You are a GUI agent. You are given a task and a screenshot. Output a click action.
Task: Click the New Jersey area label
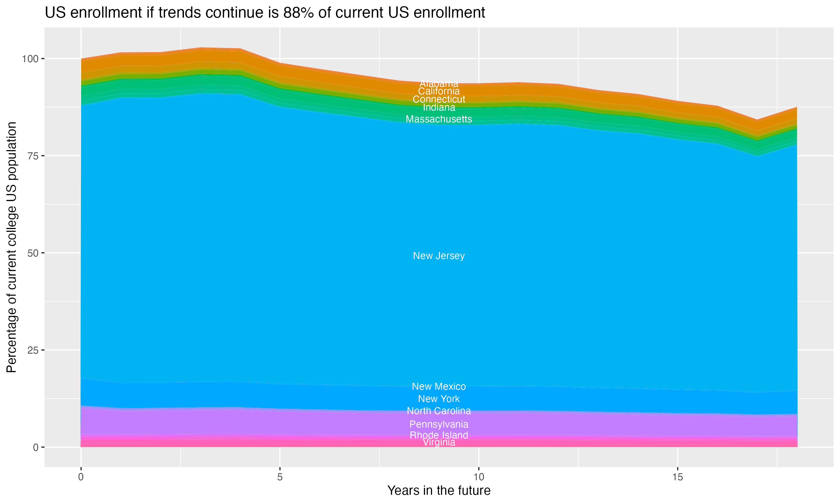pos(439,256)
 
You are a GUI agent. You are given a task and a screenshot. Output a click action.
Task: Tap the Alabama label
pos(439,83)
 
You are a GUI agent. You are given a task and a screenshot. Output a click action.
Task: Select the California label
pos(439,91)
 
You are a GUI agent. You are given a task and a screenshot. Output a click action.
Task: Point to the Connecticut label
pos(439,99)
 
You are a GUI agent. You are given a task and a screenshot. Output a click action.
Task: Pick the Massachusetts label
pos(439,119)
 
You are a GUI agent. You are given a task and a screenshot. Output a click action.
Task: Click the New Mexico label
pos(439,386)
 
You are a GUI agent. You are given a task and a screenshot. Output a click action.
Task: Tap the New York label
pos(439,399)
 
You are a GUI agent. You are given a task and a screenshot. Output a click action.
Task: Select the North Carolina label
pos(439,411)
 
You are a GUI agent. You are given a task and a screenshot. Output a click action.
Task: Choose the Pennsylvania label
pos(439,424)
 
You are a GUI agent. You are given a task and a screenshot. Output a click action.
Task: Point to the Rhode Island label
pos(439,435)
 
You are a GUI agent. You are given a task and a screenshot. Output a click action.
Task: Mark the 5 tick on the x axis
pos(280,477)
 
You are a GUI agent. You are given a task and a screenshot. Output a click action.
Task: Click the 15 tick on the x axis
pos(677,477)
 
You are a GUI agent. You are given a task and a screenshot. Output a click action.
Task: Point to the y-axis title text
pos(11,247)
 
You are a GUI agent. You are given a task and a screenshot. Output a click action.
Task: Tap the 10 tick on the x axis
pos(479,477)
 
